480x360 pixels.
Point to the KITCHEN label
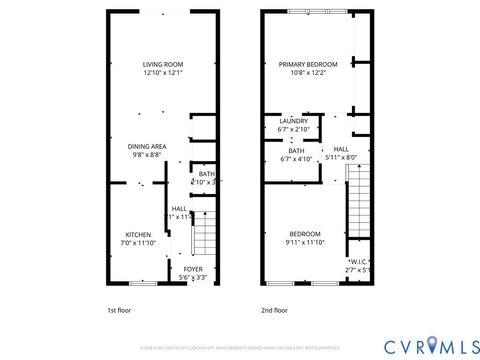(x=138, y=233)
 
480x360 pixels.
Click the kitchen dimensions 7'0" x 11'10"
(x=138, y=242)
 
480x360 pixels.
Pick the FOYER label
(x=192, y=268)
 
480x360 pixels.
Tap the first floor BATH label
(x=206, y=173)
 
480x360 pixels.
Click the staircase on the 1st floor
(x=204, y=237)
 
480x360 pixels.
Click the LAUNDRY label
(x=293, y=121)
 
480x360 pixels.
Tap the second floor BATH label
(x=296, y=150)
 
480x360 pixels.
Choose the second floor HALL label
(x=341, y=148)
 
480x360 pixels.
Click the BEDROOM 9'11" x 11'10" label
(x=305, y=233)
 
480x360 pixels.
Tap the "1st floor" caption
(x=119, y=310)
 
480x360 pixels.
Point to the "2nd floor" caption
(x=273, y=310)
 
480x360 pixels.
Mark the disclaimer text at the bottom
(x=240, y=347)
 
